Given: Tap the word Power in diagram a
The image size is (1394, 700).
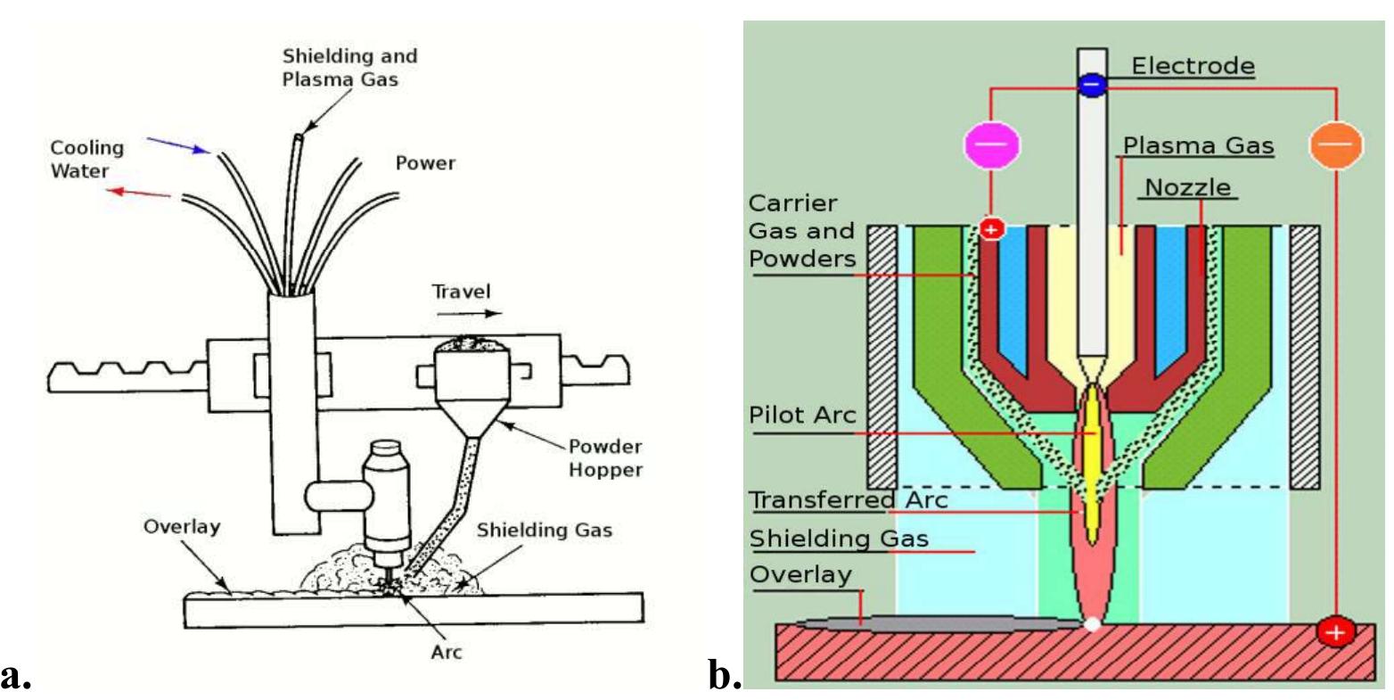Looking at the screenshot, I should [425, 163].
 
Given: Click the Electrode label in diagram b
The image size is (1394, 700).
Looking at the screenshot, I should [1193, 65].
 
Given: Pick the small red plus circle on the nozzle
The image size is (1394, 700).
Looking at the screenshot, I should [991, 229].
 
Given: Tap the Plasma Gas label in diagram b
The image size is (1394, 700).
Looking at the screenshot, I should [1198, 145].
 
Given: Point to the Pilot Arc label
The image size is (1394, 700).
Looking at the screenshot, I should [803, 415].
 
